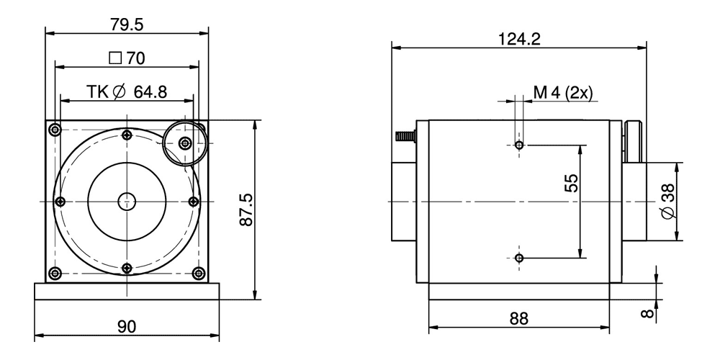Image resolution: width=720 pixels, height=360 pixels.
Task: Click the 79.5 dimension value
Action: tap(127, 24)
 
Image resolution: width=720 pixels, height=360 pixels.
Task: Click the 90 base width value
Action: tap(127, 327)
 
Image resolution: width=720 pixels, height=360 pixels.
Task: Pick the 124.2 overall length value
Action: tap(519, 40)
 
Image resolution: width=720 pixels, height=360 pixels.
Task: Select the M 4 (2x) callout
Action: tap(562, 92)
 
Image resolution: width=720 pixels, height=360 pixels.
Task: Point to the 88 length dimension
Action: tap(518, 318)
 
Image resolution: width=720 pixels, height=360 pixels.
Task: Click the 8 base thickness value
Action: tap(646, 313)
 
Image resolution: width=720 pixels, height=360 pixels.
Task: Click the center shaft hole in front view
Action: tap(127, 201)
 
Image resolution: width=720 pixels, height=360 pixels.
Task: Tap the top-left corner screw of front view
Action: tap(55, 130)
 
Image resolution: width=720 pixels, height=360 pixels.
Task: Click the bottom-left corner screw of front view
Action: tap(55, 272)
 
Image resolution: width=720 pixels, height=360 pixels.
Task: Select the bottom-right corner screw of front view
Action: tap(198, 272)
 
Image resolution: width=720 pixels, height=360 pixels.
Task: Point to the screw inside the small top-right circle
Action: tap(186, 143)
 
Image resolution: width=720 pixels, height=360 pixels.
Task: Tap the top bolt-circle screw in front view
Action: tap(127, 135)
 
